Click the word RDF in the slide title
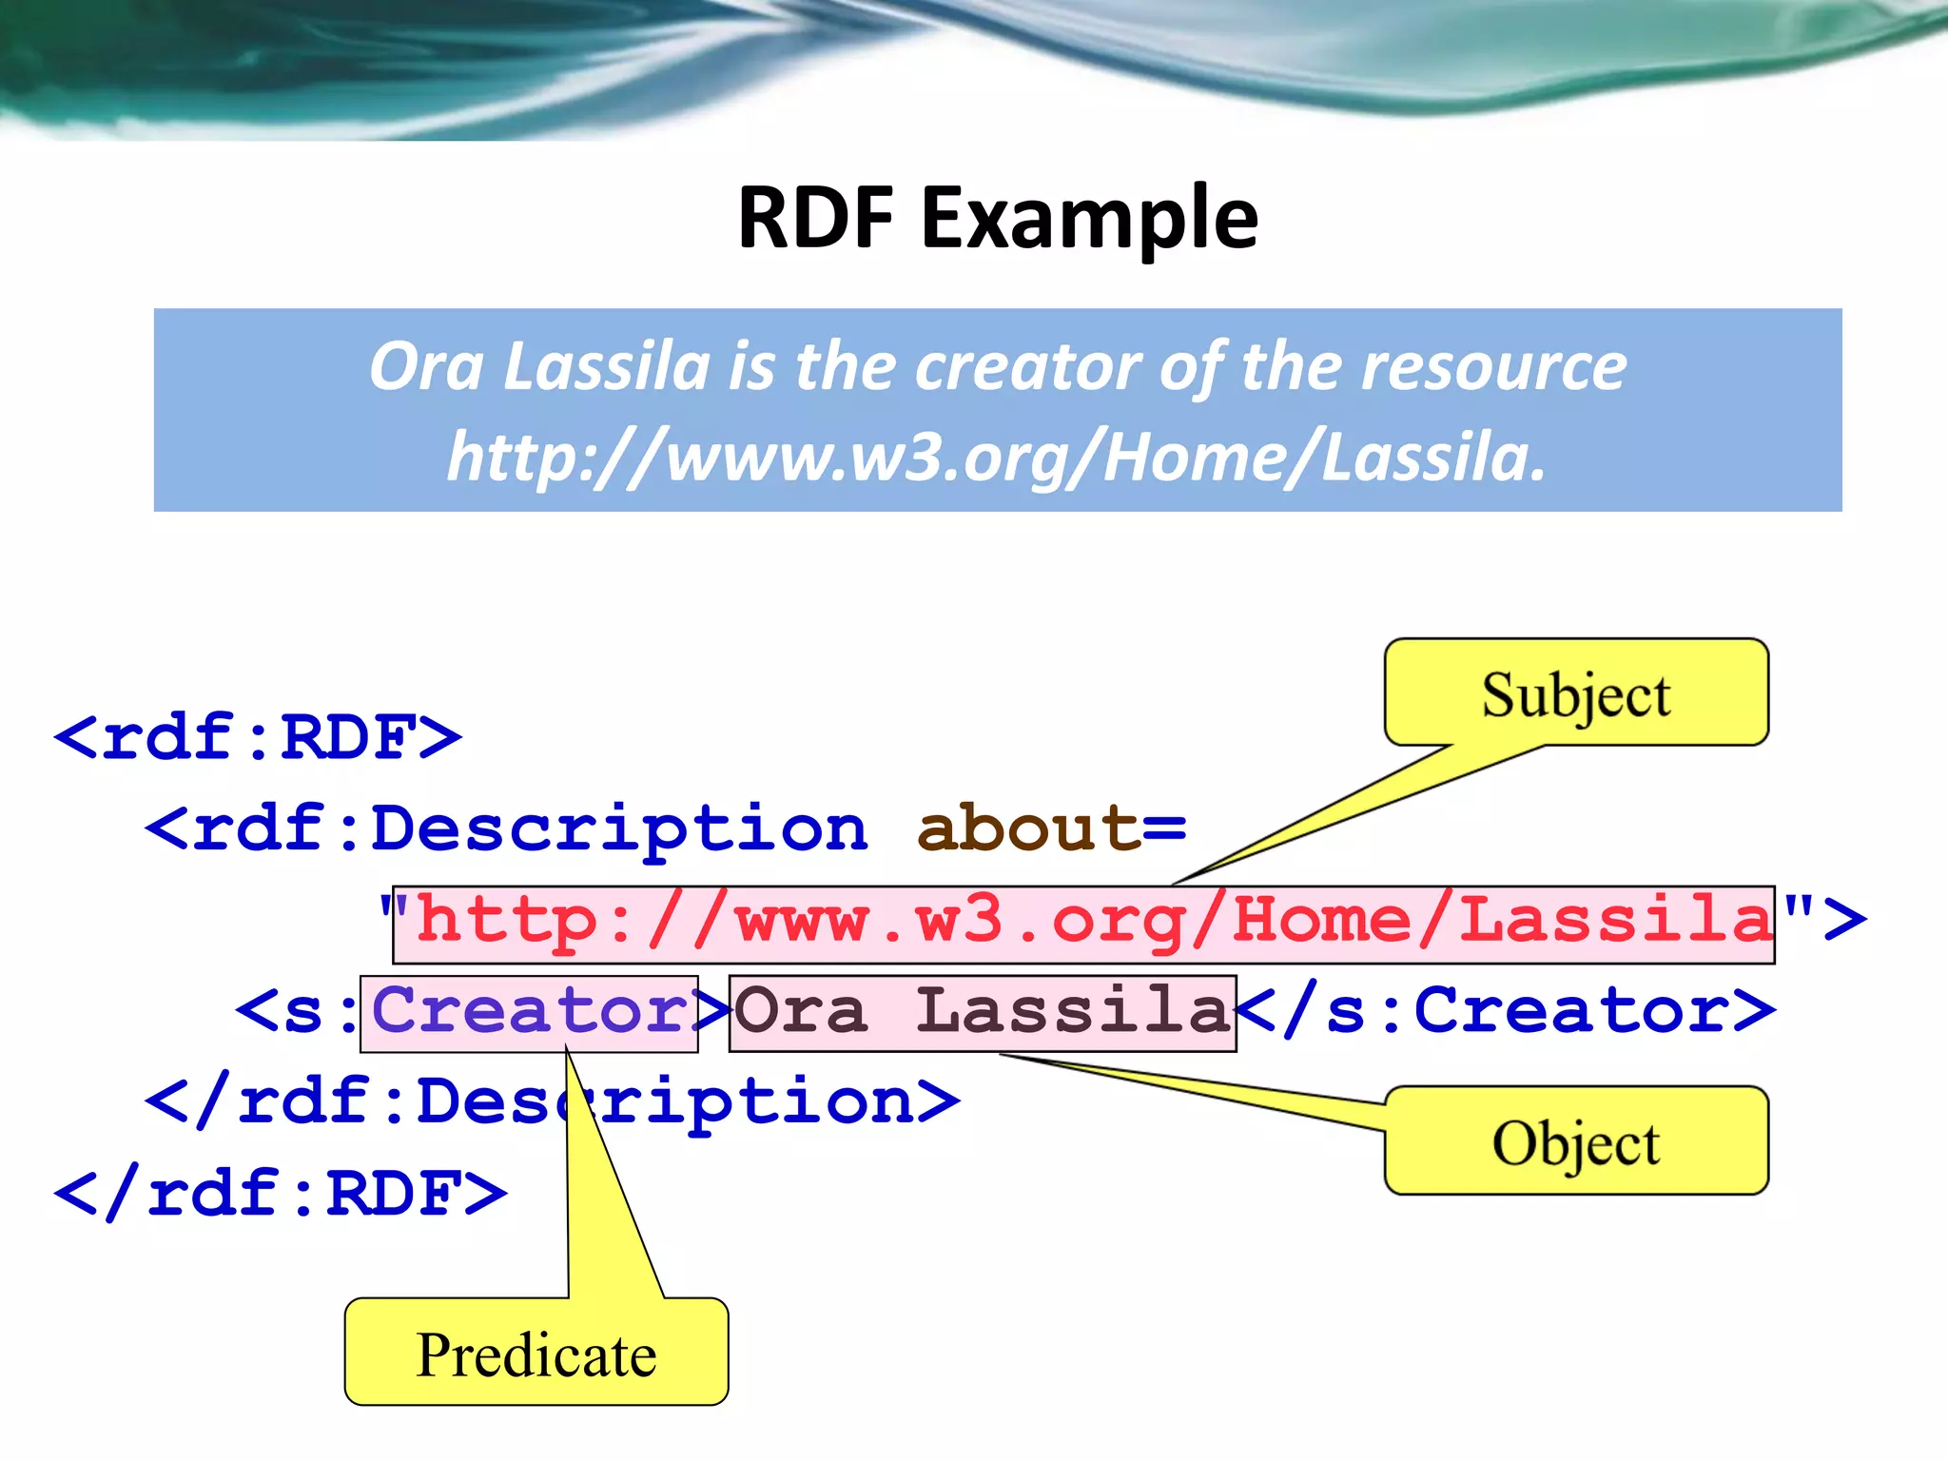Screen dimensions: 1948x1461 (816, 219)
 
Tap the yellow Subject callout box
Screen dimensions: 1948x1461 (1576, 693)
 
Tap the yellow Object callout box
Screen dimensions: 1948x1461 (1576, 1141)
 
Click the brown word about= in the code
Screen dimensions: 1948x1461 (1051, 828)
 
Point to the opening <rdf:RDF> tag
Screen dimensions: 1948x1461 (258, 736)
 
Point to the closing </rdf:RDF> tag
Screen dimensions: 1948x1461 (281, 1193)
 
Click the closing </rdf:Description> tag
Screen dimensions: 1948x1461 (552, 1101)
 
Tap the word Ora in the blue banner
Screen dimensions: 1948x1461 (426, 367)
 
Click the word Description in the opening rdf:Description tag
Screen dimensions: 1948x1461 (618, 828)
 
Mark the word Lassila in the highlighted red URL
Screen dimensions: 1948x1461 (1616, 921)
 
